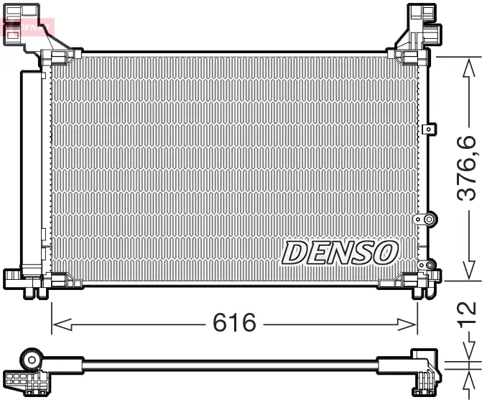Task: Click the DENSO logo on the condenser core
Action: [x=339, y=252]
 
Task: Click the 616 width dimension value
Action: [x=234, y=323]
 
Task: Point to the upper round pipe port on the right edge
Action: [x=429, y=219]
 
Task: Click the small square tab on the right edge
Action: [x=429, y=129]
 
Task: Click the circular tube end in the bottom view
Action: [x=32, y=358]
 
